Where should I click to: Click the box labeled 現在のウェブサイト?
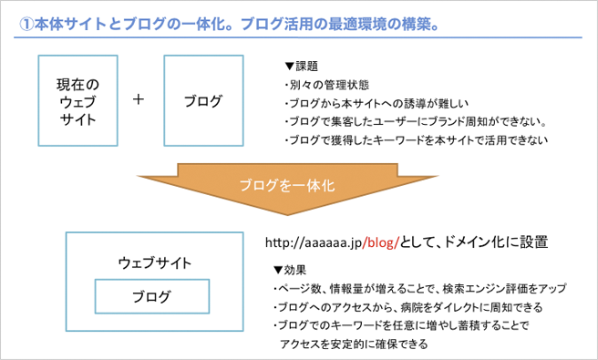tap(77, 99)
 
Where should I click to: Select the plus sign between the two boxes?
tap(139, 99)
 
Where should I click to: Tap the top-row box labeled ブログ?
tap(202, 99)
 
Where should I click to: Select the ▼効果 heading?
tap(291, 270)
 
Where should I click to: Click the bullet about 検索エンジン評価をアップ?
tap(418, 288)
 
